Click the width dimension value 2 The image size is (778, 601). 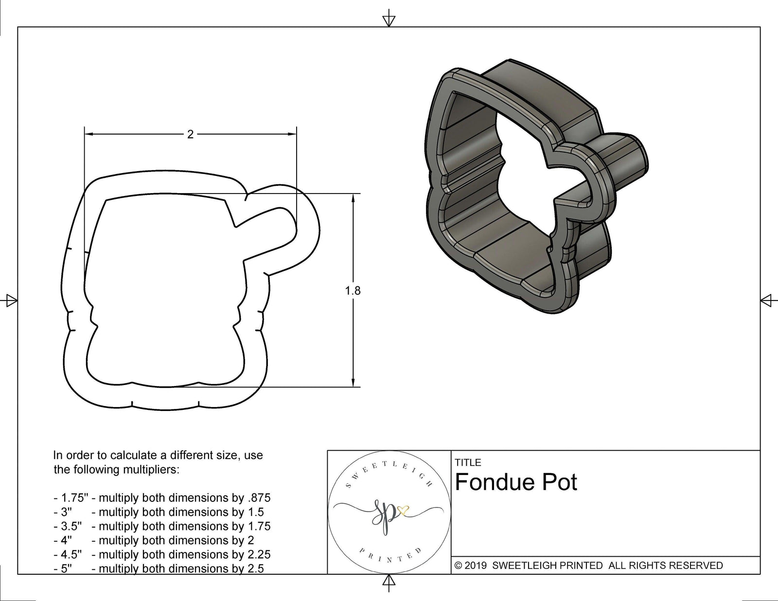(x=190, y=135)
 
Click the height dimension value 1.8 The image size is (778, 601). (x=353, y=291)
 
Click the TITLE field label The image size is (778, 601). (x=468, y=462)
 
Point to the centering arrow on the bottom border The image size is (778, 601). (x=389, y=582)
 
